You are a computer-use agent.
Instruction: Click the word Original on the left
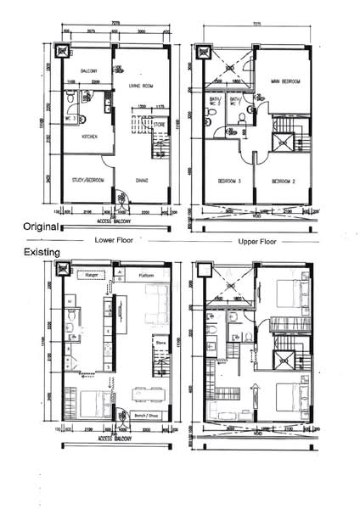coord(40,227)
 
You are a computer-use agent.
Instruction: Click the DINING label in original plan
coord(142,179)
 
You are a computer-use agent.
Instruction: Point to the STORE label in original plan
coord(159,125)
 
